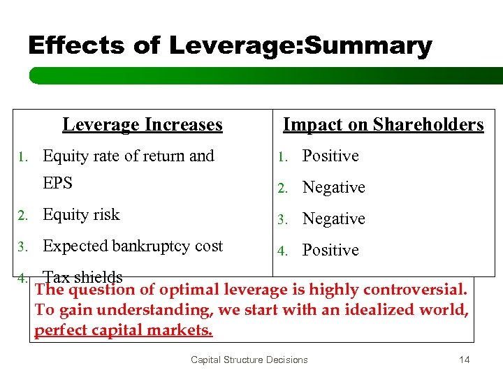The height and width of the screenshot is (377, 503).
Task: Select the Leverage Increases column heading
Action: coord(143,125)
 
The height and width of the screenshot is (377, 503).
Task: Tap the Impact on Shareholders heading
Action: coord(383,125)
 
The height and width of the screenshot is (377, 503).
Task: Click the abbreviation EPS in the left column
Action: coord(58,183)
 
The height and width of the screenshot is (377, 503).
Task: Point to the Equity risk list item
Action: coord(81,215)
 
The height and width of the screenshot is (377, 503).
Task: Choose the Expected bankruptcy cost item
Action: coord(133,246)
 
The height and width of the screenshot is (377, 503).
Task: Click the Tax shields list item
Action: coord(82,277)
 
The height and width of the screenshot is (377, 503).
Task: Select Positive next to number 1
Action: coord(330,156)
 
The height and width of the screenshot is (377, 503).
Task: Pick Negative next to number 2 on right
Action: coord(333,187)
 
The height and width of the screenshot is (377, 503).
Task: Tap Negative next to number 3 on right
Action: coord(333,219)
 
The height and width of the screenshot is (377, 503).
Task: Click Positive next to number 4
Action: coord(330,250)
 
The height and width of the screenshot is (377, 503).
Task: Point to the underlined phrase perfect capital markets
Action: coord(124,330)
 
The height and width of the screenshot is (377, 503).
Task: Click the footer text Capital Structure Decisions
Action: coord(249,360)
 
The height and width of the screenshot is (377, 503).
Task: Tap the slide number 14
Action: coord(464,360)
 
